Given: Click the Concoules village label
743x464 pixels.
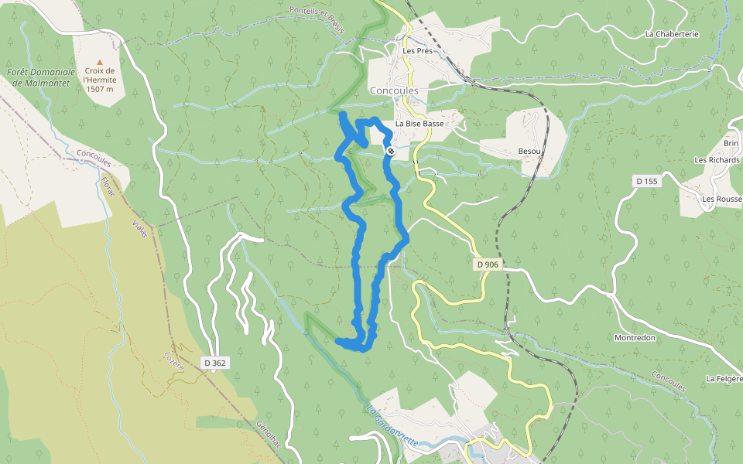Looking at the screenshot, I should tap(394, 90).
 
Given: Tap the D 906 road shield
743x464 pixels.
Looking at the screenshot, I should tap(488, 264).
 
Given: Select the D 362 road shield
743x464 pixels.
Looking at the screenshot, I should tap(216, 363).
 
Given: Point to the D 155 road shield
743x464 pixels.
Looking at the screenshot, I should tap(646, 181).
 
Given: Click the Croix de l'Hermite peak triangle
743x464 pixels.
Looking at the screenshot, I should tap(99, 62).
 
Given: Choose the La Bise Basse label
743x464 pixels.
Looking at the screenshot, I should tap(419, 124).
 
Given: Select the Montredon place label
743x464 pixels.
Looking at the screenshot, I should tap(635, 338).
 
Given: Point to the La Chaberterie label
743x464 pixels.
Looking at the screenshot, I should tap(672, 34).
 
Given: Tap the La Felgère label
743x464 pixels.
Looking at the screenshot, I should tap(724, 379).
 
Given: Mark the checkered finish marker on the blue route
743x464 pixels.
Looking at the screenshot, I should tap(391, 151).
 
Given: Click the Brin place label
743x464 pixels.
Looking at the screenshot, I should tap(731, 144).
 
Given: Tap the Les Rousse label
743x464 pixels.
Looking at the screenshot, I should tap(721, 199).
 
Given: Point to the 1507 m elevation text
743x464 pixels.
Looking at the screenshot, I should tap(99, 89).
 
